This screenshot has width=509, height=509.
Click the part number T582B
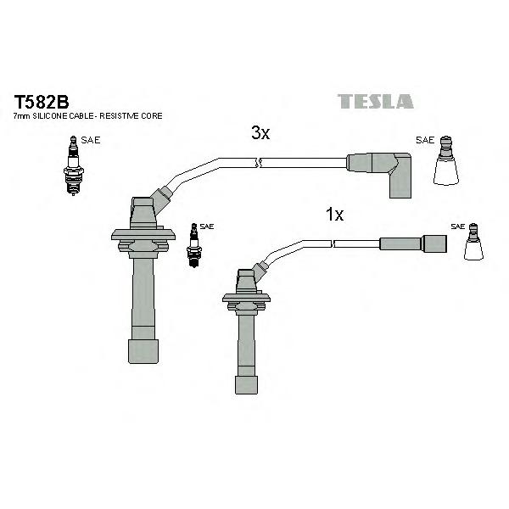coord(42,103)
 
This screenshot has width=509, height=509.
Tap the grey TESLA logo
coord(376,101)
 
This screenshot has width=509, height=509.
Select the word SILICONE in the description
coord(50,116)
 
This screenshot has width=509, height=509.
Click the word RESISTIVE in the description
coord(120,116)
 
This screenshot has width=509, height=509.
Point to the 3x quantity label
coord(260,133)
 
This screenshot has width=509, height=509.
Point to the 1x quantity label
coord(334,215)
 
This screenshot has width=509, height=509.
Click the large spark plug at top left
coord(74,165)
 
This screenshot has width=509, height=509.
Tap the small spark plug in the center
coord(194,245)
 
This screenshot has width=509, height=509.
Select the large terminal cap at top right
coord(446,160)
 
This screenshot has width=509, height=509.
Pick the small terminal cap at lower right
coord(473,242)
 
